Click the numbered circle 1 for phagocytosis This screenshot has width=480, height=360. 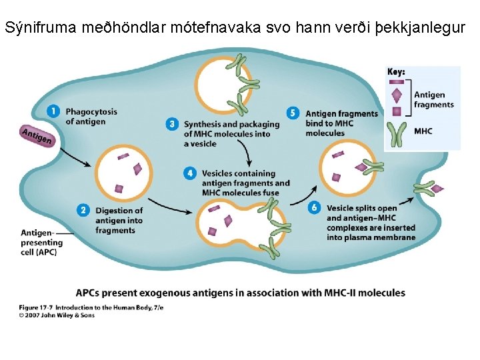[54, 111]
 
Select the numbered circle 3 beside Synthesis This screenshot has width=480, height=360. [172, 124]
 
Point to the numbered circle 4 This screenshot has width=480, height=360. [190, 173]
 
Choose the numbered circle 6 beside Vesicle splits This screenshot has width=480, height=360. [315, 208]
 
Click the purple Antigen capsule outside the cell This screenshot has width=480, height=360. [37, 135]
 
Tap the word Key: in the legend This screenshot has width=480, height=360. [397, 72]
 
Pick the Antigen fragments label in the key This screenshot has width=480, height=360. [433, 100]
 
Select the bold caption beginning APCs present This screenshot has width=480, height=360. [240, 293]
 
